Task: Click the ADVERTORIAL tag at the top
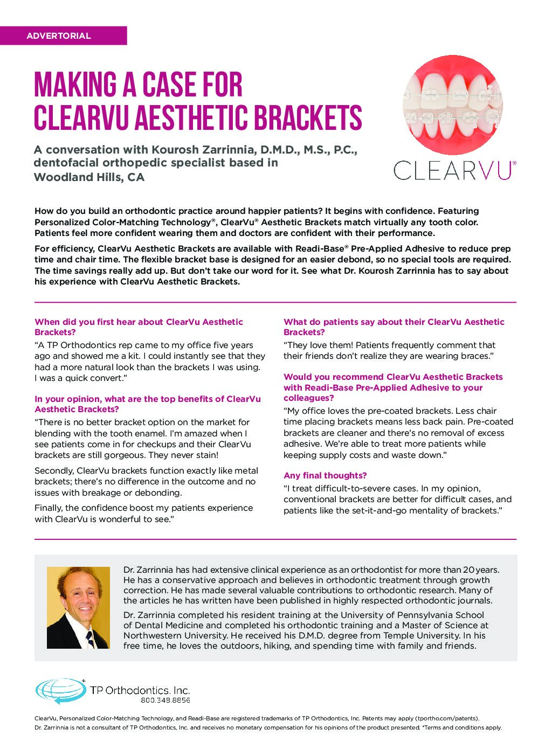pos(59,36)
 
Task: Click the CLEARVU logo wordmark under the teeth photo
pos(454,171)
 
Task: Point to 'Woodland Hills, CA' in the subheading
pos(89,177)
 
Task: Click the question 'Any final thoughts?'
pos(325,475)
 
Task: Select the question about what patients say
pos(394,327)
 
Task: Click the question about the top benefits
pos(147,404)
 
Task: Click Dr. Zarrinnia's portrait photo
pos(78,607)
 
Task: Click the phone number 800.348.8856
pos(165,700)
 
